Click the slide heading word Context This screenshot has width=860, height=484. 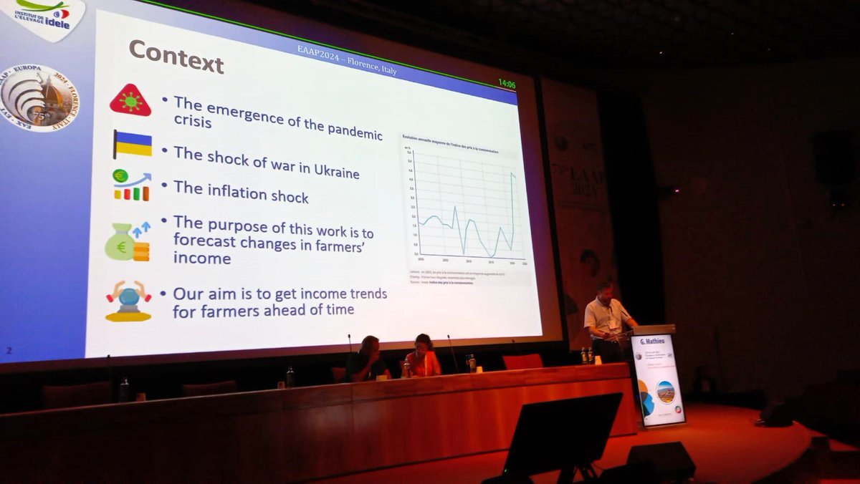pos(176,57)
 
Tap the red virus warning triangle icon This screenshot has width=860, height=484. pos(130,101)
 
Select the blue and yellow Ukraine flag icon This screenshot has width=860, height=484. pos(133,144)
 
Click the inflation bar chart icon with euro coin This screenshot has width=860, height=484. pos(131,185)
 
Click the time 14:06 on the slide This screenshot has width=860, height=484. pos(507,84)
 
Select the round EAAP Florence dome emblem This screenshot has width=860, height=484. pos(39,97)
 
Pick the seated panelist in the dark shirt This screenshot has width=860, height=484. pos(366,359)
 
